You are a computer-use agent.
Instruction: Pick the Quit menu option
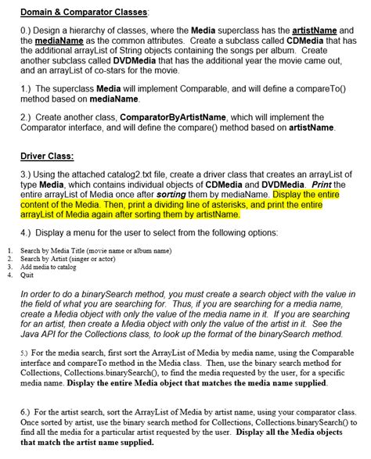pos(27,274)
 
